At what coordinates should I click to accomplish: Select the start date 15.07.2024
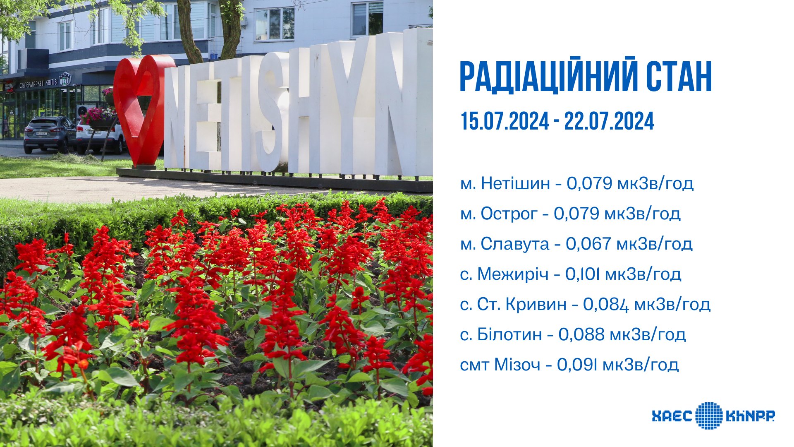tap(505, 122)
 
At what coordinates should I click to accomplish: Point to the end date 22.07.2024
tap(609, 122)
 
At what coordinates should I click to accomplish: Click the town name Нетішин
tap(516, 183)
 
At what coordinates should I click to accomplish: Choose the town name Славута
tap(515, 244)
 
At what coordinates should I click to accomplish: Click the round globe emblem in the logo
tap(709, 416)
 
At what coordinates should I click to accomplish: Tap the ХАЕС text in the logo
tap(672, 416)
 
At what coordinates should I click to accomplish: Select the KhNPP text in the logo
tap(750, 416)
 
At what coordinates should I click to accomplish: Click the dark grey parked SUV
tap(50, 134)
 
